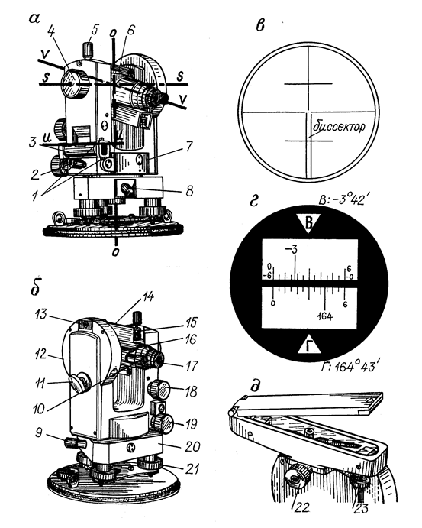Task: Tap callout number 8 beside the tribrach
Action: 189,191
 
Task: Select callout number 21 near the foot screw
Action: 192,468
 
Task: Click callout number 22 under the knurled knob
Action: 301,507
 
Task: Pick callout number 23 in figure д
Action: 361,508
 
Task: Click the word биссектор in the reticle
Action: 339,127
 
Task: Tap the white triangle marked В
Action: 309,223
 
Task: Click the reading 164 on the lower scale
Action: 325,316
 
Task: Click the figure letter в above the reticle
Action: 260,25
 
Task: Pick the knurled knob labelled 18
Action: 159,390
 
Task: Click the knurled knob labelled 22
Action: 298,478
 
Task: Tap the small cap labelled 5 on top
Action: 88,50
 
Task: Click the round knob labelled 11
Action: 79,382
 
